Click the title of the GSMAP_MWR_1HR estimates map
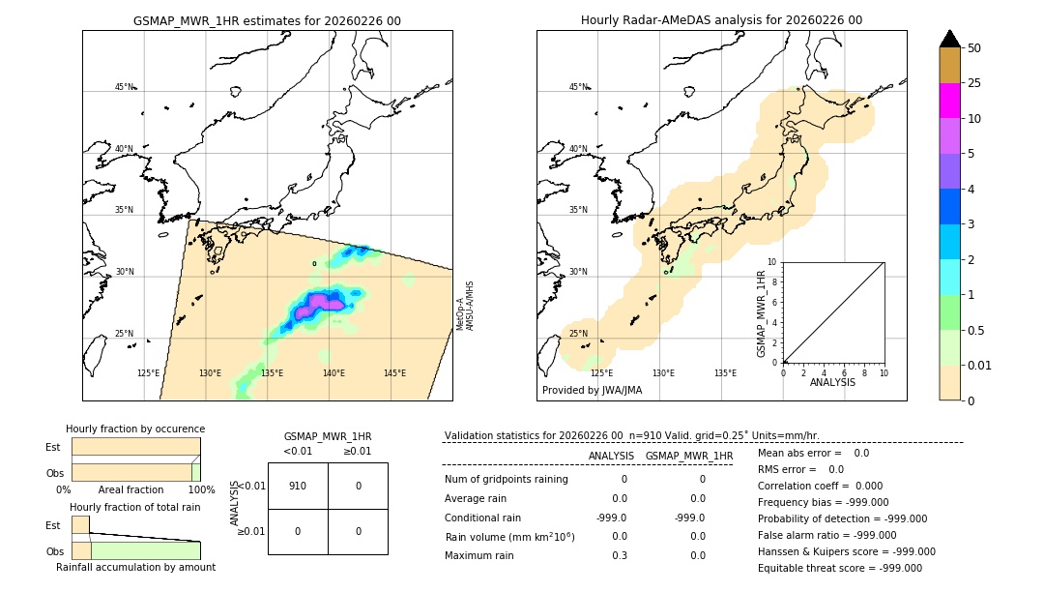click(x=267, y=20)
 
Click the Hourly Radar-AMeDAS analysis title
click(x=721, y=20)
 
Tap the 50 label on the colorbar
click(x=974, y=48)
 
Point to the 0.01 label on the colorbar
click(x=980, y=365)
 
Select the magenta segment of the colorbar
click(x=949, y=101)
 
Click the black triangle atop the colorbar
click(x=949, y=39)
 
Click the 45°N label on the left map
click(x=125, y=87)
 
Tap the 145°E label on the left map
click(x=394, y=373)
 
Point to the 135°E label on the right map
click(x=725, y=373)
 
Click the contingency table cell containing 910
click(x=298, y=486)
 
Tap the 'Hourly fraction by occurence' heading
click(x=135, y=429)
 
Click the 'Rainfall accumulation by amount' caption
click(x=135, y=567)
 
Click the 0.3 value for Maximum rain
click(x=619, y=555)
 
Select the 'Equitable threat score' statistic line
click(x=839, y=568)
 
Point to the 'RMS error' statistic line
click(x=800, y=469)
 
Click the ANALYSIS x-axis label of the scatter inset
click(x=833, y=382)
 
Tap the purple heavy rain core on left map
click(x=319, y=303)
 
